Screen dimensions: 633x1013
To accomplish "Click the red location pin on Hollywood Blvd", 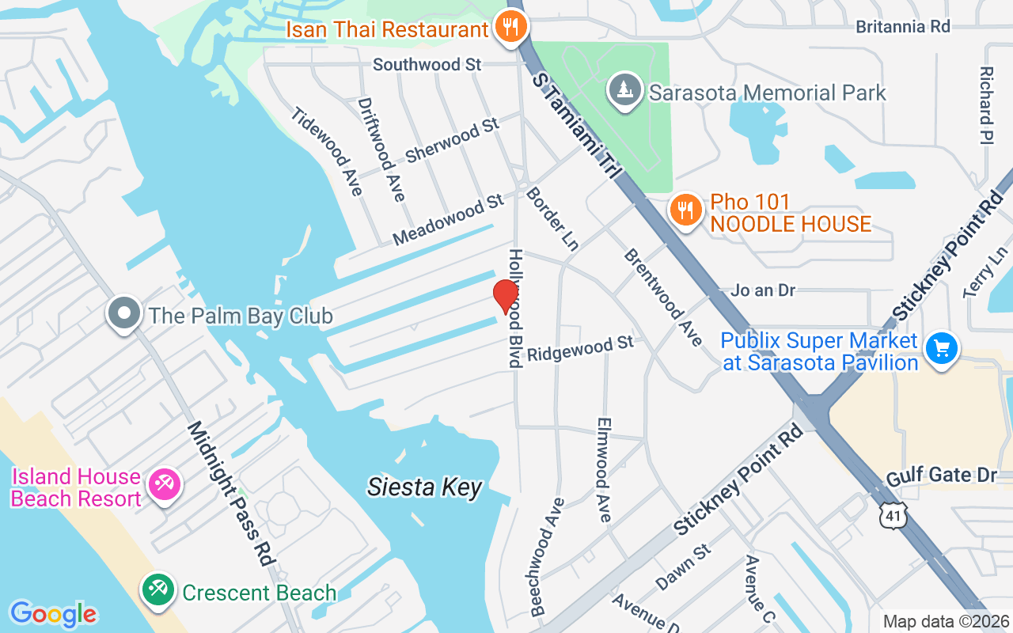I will coord(506,296).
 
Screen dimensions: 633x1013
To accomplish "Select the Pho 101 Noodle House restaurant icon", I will coord(685,212).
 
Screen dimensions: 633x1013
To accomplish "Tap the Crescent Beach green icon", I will coord(158,590).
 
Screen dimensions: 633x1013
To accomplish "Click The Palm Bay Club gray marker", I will coord(124,315).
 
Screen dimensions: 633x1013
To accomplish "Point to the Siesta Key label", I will coord(424,487).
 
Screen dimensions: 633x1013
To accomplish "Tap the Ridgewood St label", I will coord(580,348).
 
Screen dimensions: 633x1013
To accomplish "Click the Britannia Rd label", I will coord(902,26).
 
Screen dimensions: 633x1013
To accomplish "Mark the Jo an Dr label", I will coord(763,290).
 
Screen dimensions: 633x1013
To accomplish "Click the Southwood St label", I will coord(427,64).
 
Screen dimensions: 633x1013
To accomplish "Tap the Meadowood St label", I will coord(448,220).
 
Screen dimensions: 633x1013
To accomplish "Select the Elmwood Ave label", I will coord(603,470).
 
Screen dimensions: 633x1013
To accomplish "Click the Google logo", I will coord(53,614).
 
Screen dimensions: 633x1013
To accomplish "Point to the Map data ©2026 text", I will coord(946,622).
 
